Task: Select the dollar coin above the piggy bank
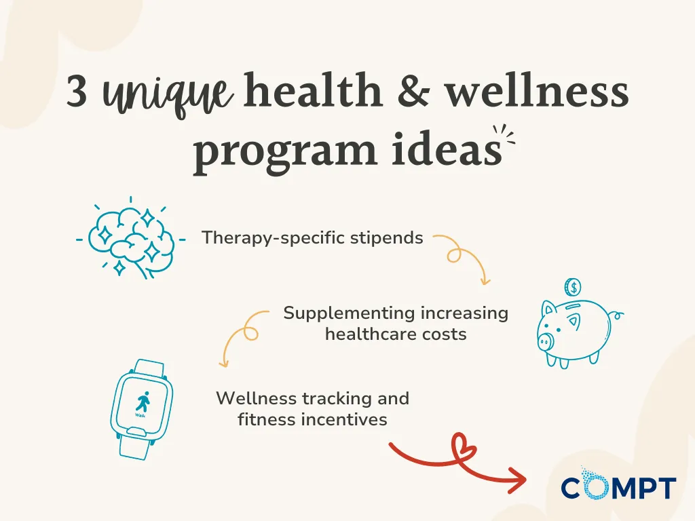pos(573,288)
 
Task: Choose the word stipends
pos(392,239)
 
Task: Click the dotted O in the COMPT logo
pos(595,487)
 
